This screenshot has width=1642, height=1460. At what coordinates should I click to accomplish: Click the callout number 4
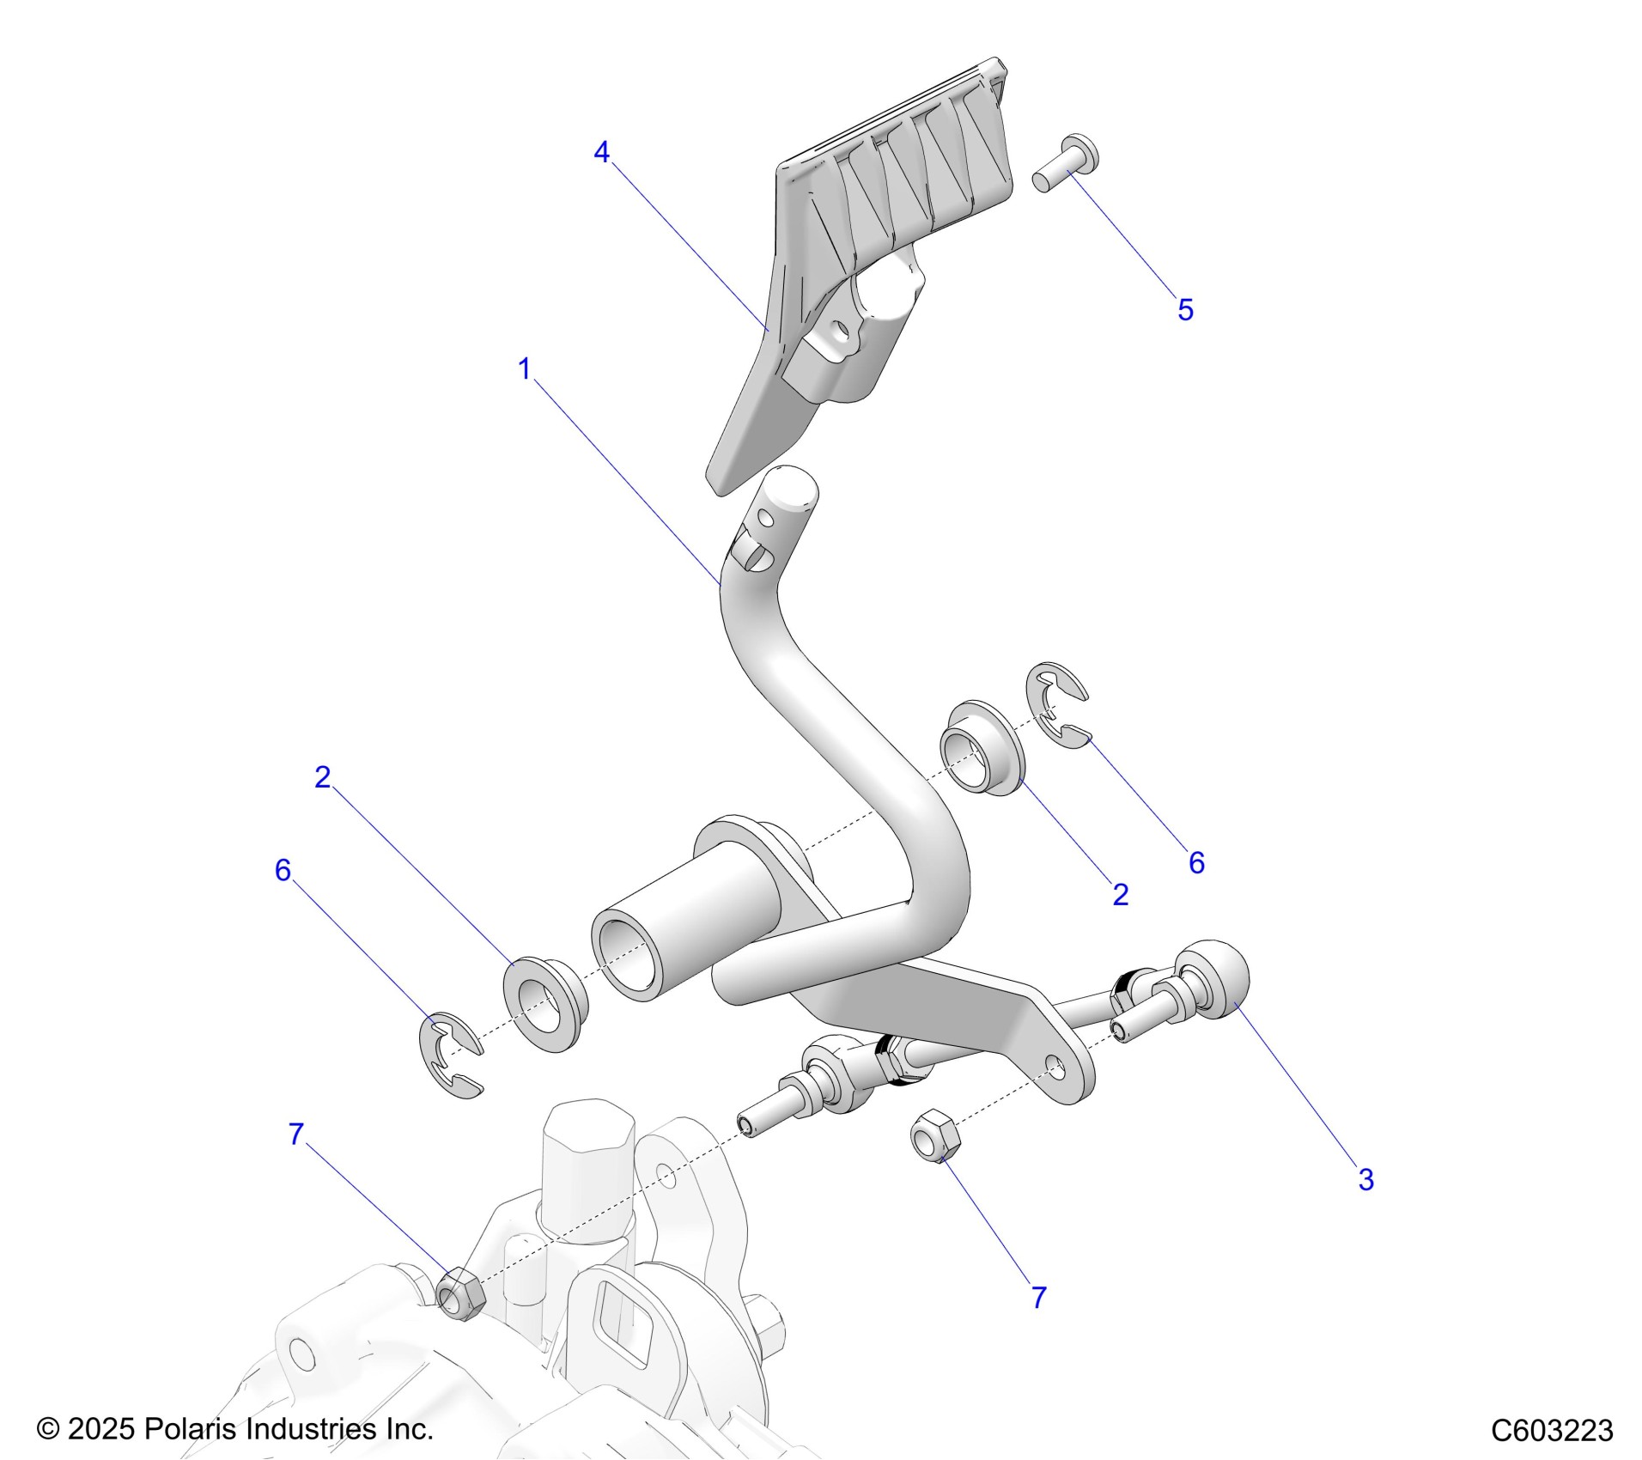click(601, 152)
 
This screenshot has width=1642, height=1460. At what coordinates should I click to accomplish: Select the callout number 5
click(1185, 310)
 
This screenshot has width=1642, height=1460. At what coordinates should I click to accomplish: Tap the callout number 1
click(525, 369)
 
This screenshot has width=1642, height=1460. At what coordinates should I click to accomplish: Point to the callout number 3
click(1365, 1180)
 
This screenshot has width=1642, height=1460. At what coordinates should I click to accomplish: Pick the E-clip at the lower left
click(450, 1056)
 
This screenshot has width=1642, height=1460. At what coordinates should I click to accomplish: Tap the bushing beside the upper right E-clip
click(982, 748)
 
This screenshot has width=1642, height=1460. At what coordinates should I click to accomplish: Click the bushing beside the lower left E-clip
click(544, 1003)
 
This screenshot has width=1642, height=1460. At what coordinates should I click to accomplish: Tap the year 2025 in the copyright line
click(100, 1429)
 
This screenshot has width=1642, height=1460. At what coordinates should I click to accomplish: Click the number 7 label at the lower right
click(1038, 1298)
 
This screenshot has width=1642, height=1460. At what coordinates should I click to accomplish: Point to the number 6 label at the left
click(283, 871)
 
